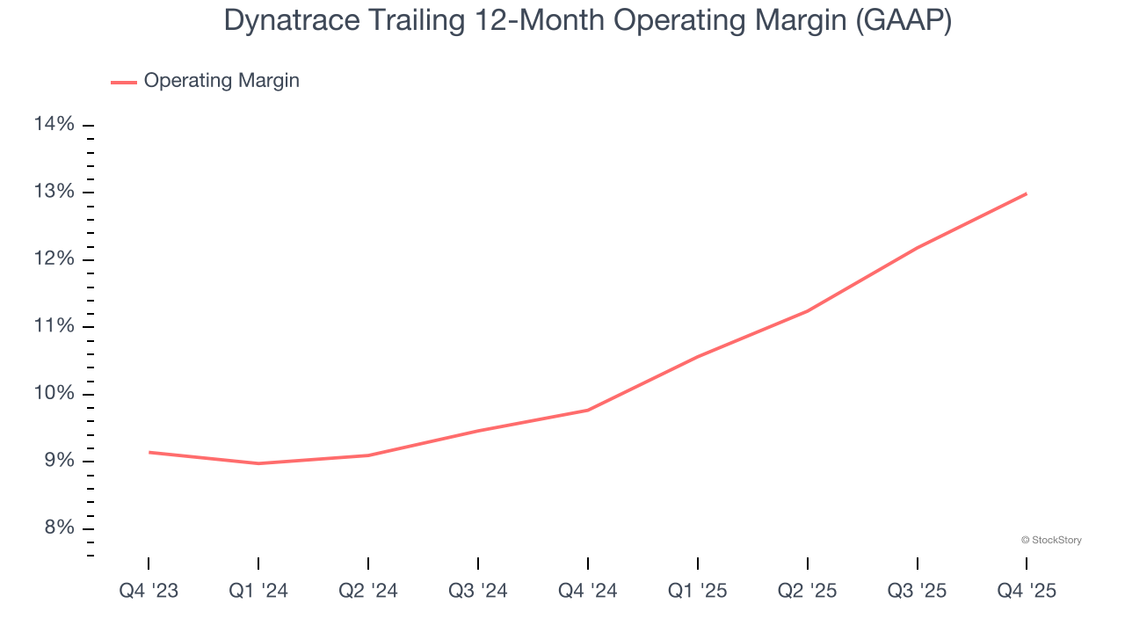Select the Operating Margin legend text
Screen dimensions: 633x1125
tap(221, 81)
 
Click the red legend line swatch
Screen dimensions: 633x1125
tap(123, 82)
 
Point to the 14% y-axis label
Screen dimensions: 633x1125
tap(54, 125)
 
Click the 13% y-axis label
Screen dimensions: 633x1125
tap(54, 193)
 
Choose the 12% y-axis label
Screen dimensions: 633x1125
tap(54, 259)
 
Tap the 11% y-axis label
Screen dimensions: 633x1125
tap(54, 326)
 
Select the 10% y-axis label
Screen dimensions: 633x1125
tap(54, 394)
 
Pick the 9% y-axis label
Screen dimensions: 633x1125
tap(58, 461)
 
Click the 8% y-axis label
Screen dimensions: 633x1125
tap(58, 528)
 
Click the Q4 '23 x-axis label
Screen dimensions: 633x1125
tap(149, 592)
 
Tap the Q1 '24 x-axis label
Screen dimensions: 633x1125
tap(258, 592)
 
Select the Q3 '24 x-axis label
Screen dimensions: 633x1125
tap(478, 592)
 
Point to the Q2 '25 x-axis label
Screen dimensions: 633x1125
tap(808, 592)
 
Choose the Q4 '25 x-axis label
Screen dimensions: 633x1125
tap(1027, 592)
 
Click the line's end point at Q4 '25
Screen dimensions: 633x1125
tap(1027, 193)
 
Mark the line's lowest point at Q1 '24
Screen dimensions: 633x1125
tap(258, 463)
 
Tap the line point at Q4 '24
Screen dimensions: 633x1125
tap(588, 410)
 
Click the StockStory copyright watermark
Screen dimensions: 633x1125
tap(1051, 540)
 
